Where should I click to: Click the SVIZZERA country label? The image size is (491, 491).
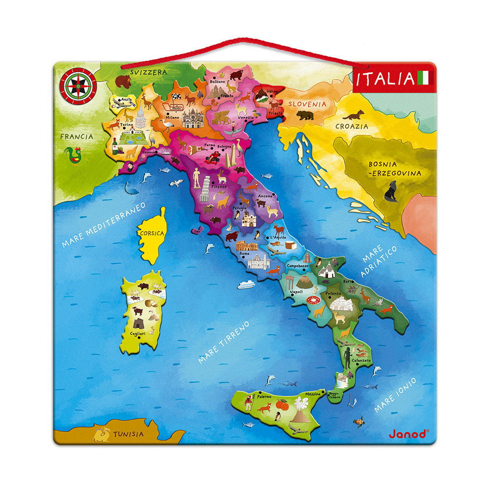click(x=148, y=72)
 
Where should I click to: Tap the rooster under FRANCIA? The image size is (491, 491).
click(x=76, y=156)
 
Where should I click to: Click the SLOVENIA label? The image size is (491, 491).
click(x=307, y=104)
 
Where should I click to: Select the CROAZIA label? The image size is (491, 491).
click(x=352, y=126)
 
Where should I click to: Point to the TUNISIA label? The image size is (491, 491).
click(x=129, y=434)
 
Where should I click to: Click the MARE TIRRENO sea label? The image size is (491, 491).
click(x=224, y=342)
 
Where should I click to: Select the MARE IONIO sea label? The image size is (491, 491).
click(x=395, y=395)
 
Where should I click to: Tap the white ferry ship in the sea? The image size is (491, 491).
click(x=245, y=284)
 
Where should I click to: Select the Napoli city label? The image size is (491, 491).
click(x=297, y=291)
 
